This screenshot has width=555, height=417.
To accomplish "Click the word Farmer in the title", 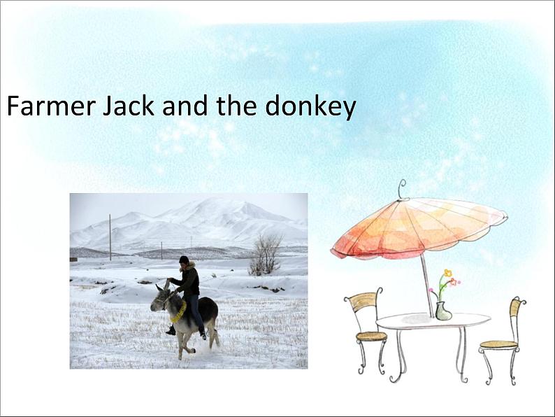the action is pyautogui.click(x=51, y=106).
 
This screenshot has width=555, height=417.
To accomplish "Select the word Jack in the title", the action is pyautogui.click(x=129, y=106).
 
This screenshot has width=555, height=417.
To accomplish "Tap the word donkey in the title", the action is pyautogui.click(x=310, y=107).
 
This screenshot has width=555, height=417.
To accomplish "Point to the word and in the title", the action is pyautogui.click(x=185, y=105).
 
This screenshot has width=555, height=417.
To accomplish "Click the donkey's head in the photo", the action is pyautogui.click(x=160, y=299).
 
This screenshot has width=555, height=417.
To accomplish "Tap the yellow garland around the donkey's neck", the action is pyautogui.click(x=180, y=312).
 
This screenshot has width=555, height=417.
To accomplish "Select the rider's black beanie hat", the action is pyautogui.click(x=184, y=260).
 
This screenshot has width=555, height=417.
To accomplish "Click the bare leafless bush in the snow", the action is pyautogui.click(x=265, y=255).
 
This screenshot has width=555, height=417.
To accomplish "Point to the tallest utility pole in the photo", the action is pyautogui.click(x=110, y=237).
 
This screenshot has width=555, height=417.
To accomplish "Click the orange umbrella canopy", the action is pyautogui.click(x=419, y=227).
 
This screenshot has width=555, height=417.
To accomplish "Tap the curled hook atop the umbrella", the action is pyautogui.click(x=402, y=190).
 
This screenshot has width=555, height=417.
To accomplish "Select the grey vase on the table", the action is pyautogui.click(x=443, y=311).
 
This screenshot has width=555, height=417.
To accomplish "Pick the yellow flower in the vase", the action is pyautogui.click(x=448, y=273).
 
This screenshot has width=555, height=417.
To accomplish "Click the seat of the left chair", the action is pyautogui.click(x=371, y=336).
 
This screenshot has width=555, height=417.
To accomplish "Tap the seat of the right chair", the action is pyautogui.click(x=498, y=344).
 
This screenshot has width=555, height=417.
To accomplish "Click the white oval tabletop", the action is pyautogui.click(x=433, y=320).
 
